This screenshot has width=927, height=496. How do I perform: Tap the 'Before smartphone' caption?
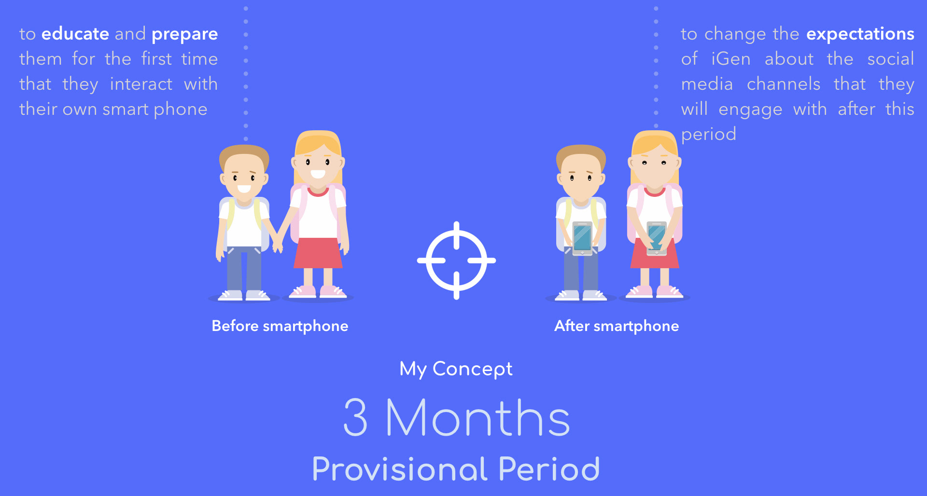pyautogui.click(x=280, y=326)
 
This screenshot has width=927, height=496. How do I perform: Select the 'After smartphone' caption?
pyautogui.click(x=617, y=326)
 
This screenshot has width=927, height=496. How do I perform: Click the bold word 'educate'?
pyautogui.click(x=75, y=34)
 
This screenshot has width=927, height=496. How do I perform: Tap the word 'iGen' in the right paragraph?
pyautogui.click(x=731, y=59)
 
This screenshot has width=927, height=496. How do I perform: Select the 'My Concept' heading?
pyautogui.click(x=456, y=369)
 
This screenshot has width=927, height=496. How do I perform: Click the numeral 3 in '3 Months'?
pyautogui.click(x=356, y=417)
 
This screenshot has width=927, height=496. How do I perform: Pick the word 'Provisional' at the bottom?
pyautogui.click(x=400, y=469)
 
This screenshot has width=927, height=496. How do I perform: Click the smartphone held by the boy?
pyautogui.click(x=582, y=238)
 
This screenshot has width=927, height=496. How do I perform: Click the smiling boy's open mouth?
pyautogui.click(x=244, y=189)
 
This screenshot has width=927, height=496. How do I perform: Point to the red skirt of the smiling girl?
pyautogui.click(x=318, y=253)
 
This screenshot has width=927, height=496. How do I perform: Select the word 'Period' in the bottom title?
pyautogui.click(x=549, y=469)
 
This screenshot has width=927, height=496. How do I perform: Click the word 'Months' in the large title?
pyautogui.click(x=478, y=417)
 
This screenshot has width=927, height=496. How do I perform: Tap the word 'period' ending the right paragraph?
pyautogui.click(x=709, y=135)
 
